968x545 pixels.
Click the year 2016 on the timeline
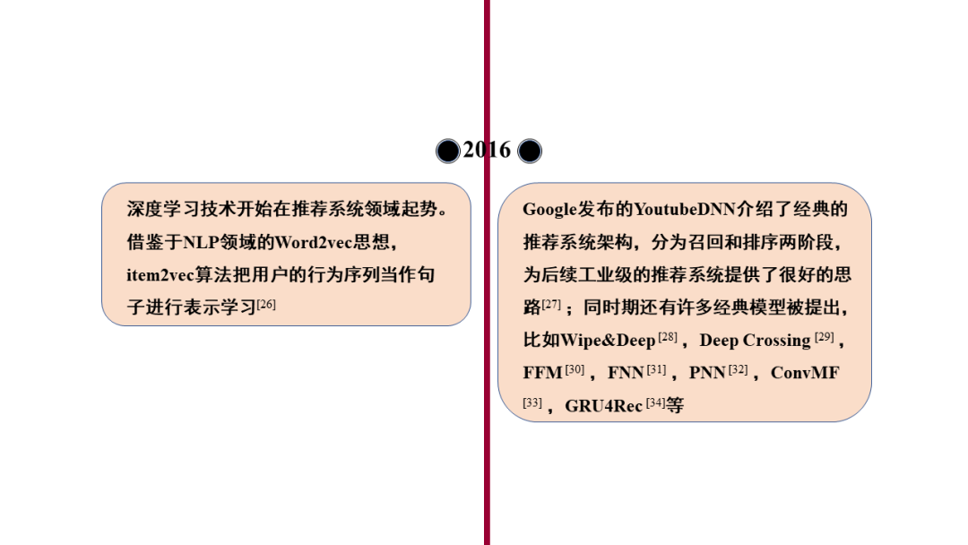(487, 150)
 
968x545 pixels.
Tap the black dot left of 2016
(448, 151)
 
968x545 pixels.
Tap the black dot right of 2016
(530, 151)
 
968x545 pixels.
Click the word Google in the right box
(549, 210)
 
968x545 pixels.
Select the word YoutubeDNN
(685, 210)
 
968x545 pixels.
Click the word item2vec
(159, 275)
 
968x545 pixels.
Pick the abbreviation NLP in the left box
(200, 243)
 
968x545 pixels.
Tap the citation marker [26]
(266, 305)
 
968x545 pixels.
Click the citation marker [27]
(551, 305)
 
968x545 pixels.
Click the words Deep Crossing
(755, 341)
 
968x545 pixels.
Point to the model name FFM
(542, 373)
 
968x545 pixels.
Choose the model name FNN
(626, 373)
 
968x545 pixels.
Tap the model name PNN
(707, 373)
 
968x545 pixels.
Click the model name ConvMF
(805, 373)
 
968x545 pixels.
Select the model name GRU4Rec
(603, 406)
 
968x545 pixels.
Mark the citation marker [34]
(656, 402)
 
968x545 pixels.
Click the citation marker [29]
(825, 337)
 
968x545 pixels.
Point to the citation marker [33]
(532, 402)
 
